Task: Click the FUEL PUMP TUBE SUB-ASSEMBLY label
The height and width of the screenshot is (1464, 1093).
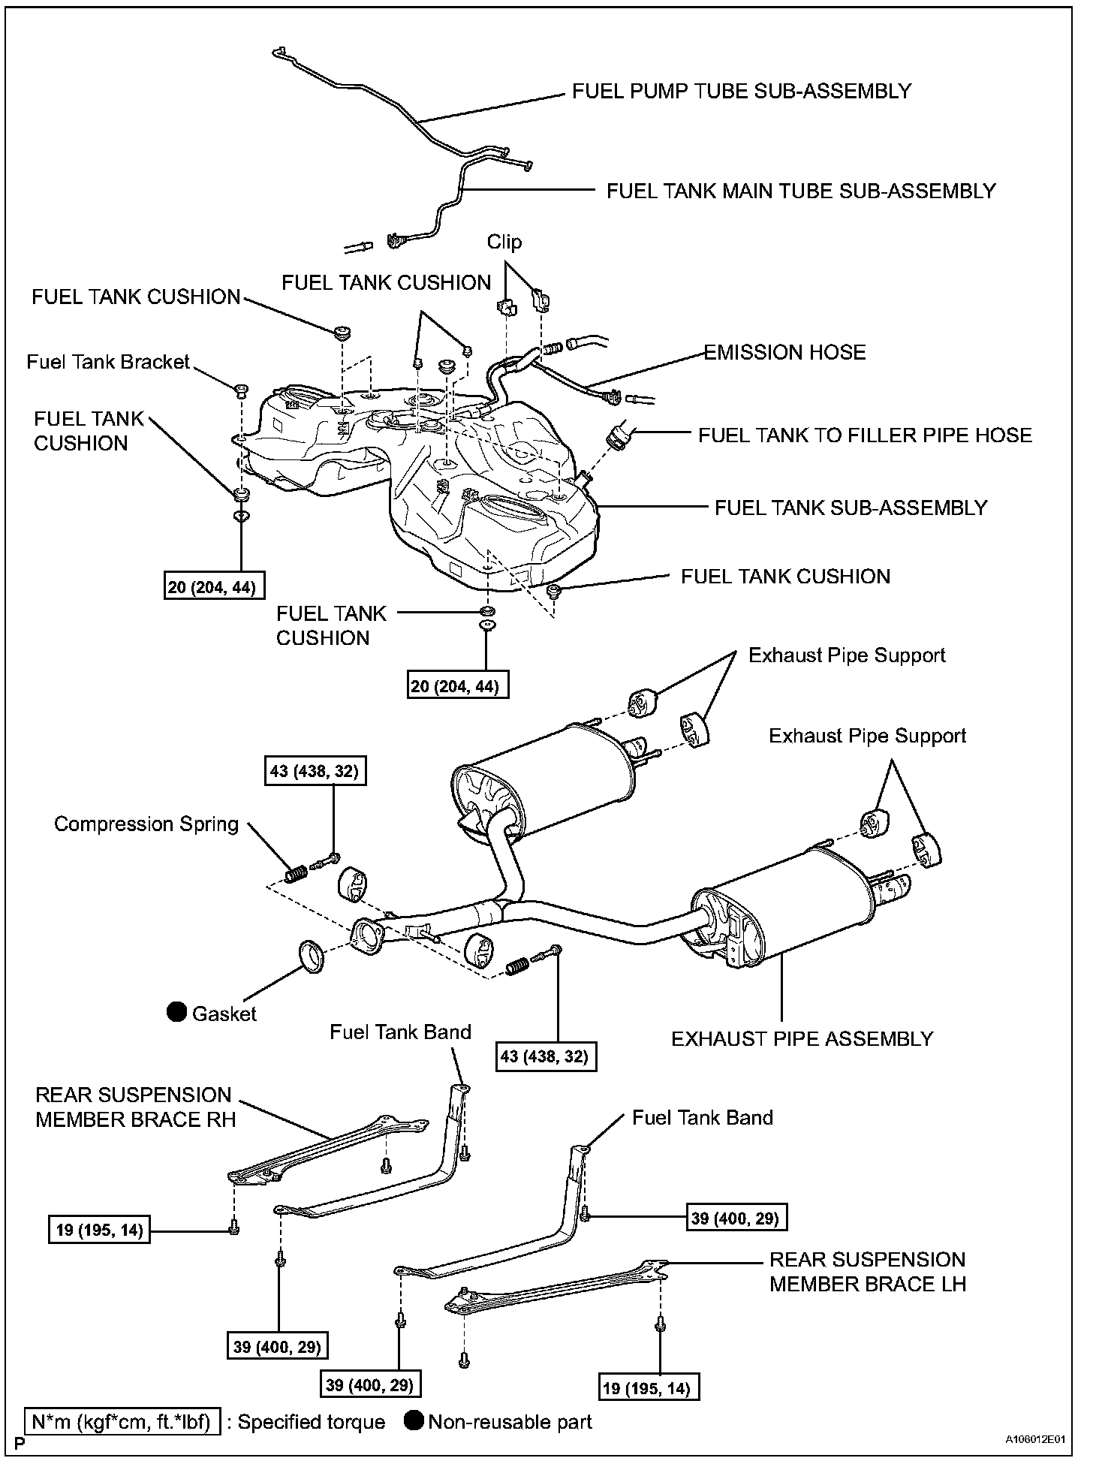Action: click(x=741, y=92)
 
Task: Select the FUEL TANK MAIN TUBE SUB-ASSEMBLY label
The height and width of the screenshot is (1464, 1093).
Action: click(x=801, y=191)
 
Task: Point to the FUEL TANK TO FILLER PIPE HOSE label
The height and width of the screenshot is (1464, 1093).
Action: click(x=865, y=435)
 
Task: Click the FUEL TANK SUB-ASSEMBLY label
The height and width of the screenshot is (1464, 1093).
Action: click(x=851, y=508)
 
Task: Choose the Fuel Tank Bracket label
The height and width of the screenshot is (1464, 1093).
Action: click(x=108, y=362)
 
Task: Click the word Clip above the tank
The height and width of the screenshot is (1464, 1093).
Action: click(x=504, y=242)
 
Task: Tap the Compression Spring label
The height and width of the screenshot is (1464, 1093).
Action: click(x=146, y=824)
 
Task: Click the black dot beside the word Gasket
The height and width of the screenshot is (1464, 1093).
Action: click(x=176, y=1012)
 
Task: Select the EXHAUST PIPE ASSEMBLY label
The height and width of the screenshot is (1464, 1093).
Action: click(x=802, y=1039)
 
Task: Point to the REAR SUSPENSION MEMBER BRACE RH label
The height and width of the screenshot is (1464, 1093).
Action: click(x=135, y=1107)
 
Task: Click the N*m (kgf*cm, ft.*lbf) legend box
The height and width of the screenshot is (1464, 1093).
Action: click(x=122, y=1422)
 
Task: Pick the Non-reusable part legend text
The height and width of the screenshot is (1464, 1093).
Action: click(x=510, y=1422)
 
